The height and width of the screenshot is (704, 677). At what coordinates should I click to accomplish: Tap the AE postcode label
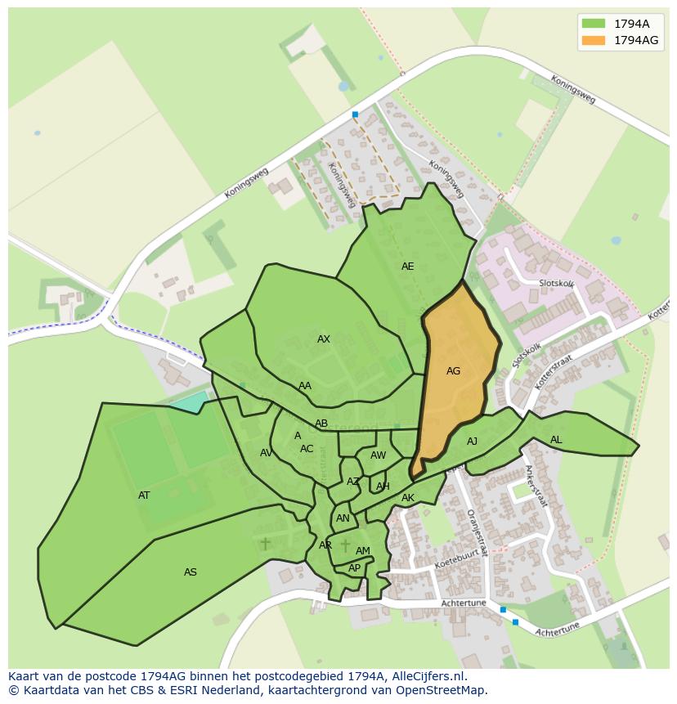point(407,267)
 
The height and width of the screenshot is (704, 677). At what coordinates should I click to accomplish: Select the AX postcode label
point(324,339)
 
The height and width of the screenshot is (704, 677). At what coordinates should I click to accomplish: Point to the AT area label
point(144,495)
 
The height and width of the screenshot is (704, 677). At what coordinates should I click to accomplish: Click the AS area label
point(191,572)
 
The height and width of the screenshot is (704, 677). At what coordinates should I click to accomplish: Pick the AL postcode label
point(556,440)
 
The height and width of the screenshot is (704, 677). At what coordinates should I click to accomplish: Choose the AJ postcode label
point(472,442)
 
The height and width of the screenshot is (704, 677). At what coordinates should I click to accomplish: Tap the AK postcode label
point(408,498)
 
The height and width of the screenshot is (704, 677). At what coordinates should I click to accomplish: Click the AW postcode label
point(378,455)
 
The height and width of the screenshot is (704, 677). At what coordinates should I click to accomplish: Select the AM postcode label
point(363,551)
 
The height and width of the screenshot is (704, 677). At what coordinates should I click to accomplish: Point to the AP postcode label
point(354,568)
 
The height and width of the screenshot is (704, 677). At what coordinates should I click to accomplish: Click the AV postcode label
point(266,453)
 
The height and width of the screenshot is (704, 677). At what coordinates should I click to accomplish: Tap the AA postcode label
point(305,386)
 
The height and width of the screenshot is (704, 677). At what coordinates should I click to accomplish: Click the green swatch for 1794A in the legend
point(593,23)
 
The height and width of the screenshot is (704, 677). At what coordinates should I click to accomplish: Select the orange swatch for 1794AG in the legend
point(593,40)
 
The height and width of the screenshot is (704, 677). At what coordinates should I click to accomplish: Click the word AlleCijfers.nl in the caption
point(427,677)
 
